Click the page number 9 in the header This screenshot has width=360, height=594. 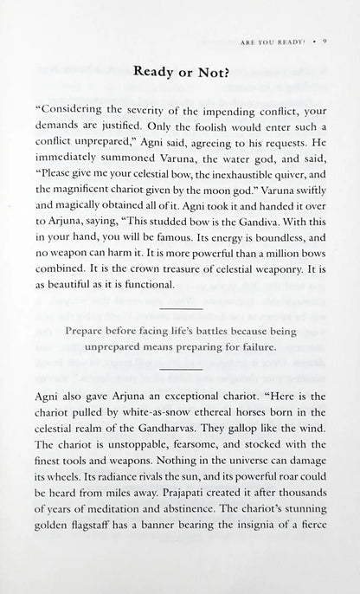click(323, 39)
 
